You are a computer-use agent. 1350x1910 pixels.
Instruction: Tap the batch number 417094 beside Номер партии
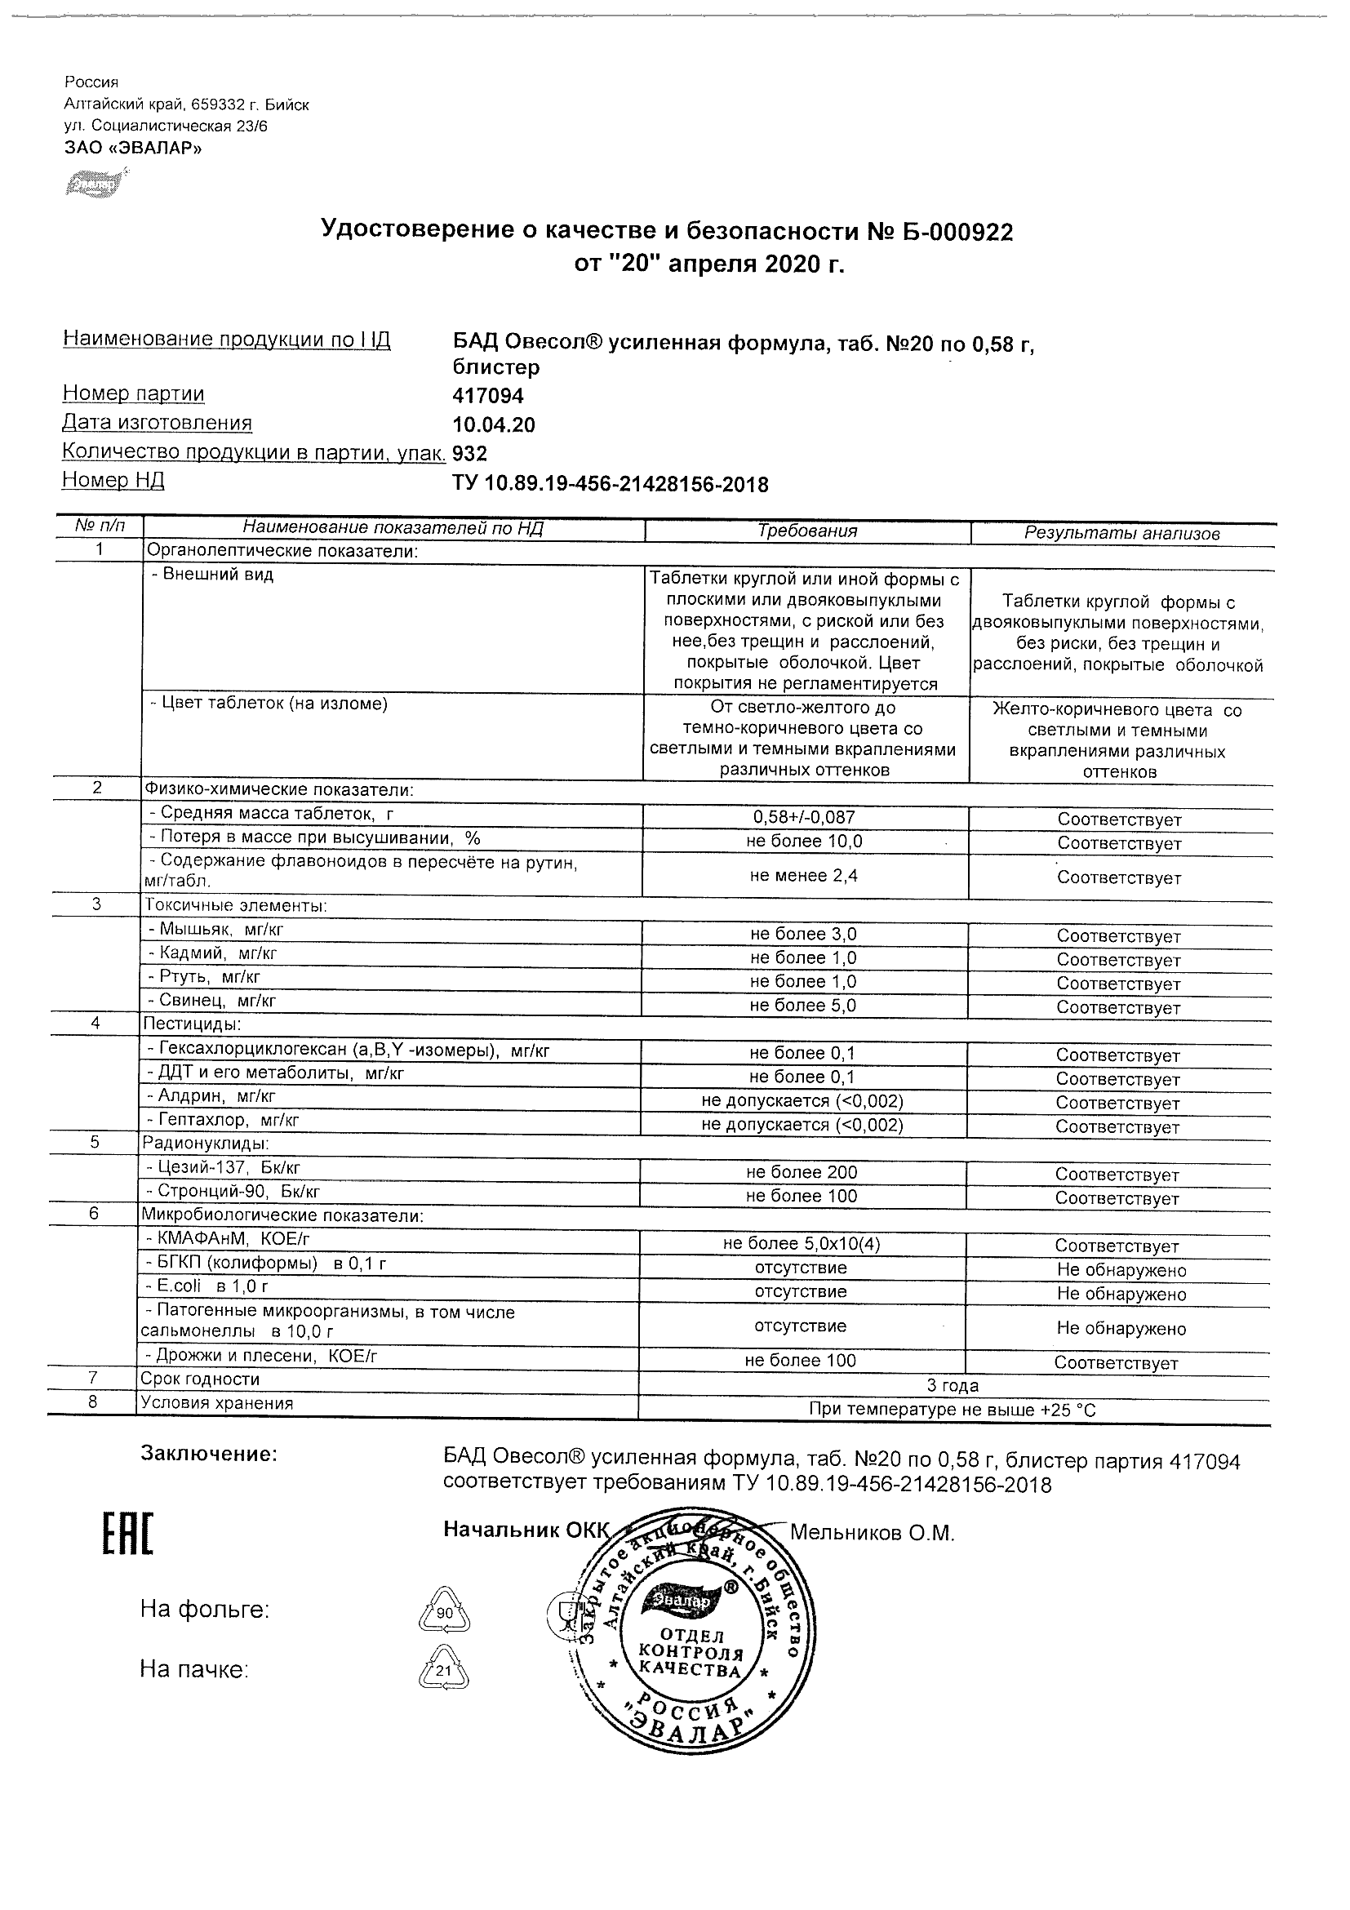click(x=487, y=396)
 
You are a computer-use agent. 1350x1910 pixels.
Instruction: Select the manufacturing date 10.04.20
click(x=493, y=425)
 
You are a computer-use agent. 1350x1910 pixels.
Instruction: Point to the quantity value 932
click(x=469, y=453)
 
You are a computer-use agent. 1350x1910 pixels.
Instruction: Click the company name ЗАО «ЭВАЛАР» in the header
click(x=132, y=148)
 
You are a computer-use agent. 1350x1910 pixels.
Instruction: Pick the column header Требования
click(x=807, y=531)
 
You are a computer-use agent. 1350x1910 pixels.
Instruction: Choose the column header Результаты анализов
click(x=1121, y=533)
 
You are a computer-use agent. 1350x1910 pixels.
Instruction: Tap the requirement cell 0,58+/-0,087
click(x=803, y=818)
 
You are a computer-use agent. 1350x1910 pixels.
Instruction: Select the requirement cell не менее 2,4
click(x=803, y=875)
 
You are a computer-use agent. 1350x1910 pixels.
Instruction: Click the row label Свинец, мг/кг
click(x=212, y=1001)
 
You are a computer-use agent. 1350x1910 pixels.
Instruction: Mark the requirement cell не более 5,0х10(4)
click(x=801, y=1244)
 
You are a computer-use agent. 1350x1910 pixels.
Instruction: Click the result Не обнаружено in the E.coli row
click(x=1121, y=1294)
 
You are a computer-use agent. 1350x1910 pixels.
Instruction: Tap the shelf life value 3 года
click(x=953, y=1386)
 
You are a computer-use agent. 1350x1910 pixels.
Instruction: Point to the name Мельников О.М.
click(x=872, y=1532)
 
